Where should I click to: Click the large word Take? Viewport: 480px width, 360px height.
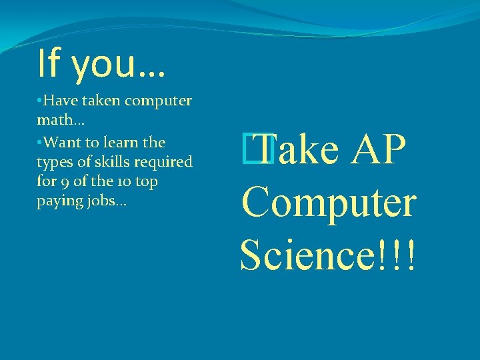click(297, 151)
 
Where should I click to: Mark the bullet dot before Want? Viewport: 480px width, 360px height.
click(40, 142)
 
